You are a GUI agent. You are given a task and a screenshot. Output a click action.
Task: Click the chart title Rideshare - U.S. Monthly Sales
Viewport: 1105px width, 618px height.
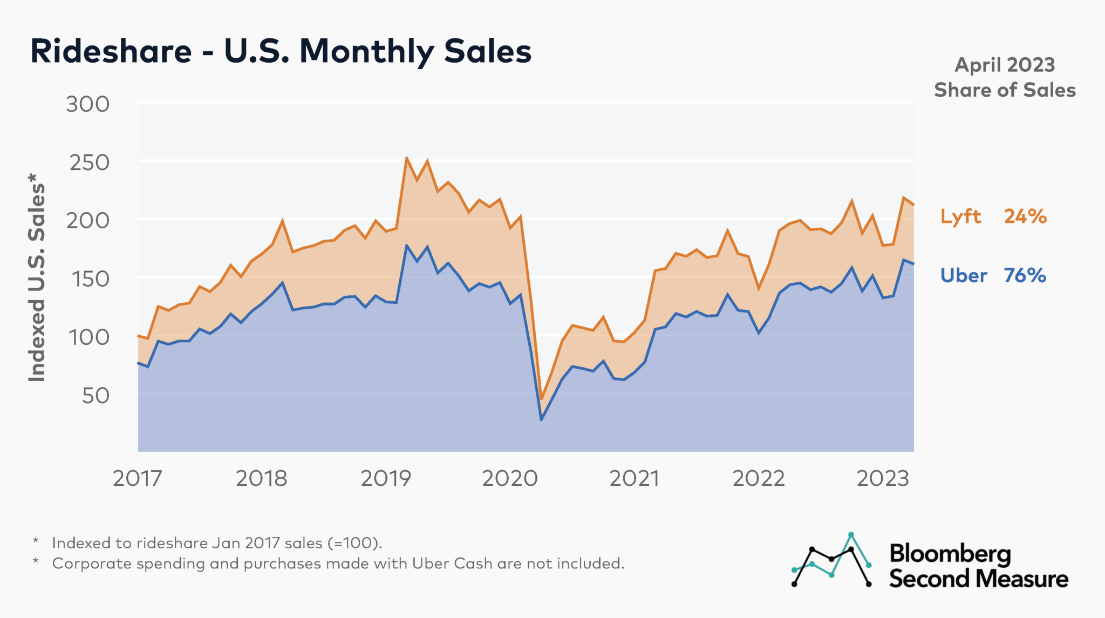pos(281,52)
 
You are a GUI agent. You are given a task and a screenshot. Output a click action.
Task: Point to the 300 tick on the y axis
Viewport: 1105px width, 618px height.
pos(88,104)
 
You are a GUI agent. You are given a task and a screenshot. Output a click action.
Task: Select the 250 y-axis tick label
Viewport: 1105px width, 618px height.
pos(89,162)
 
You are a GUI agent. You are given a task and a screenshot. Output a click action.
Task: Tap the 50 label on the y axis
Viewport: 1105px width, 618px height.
pos(96,396)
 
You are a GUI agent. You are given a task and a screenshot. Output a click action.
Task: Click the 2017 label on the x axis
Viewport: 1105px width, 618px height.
pos(137,478)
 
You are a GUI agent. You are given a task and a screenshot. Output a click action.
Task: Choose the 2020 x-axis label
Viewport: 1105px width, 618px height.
pos(509,478)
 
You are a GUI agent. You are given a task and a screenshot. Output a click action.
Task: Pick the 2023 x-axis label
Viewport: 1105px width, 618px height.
pos(883,478)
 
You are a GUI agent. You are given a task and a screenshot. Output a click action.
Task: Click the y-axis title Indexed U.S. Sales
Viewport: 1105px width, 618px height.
pos(37,278)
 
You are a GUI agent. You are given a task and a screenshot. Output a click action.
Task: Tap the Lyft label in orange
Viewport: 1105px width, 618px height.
pos(960,216)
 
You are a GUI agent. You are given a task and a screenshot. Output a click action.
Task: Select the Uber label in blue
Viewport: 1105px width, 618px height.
pos(963,276)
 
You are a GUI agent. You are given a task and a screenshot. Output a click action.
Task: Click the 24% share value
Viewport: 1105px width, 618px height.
pos(1025,216)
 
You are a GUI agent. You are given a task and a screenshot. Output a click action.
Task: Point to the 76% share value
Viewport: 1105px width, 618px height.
pos(1025,276)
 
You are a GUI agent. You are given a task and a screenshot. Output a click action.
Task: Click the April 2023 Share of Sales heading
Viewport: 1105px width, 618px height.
pos(1005,77)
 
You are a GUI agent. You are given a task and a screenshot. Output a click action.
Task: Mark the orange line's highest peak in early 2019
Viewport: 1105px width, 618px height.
pos(406,158)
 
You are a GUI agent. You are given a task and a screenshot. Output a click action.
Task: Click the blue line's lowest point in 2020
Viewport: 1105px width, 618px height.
pos(541,419)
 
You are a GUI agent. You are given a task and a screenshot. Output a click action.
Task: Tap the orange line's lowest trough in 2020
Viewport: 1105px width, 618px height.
pos(541,399)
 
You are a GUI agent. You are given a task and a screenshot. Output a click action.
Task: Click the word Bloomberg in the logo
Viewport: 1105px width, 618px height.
pos(950,554)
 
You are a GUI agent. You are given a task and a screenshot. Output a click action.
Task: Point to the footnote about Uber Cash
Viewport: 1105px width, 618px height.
pos(338,563)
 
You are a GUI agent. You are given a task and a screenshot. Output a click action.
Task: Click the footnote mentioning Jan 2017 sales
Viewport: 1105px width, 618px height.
pos(217,543)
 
